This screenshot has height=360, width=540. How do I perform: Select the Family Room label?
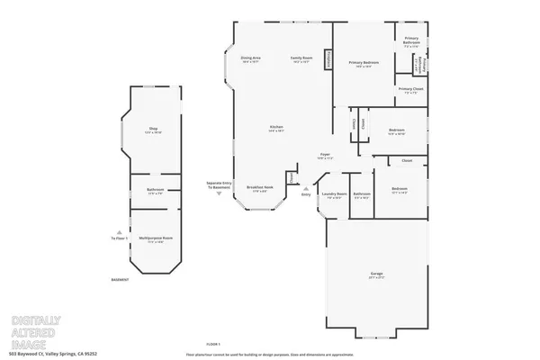[x=301, y=58]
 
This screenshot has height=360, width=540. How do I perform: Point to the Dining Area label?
[x=250, y=58]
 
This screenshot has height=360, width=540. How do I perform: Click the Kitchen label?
[x=276, y=129]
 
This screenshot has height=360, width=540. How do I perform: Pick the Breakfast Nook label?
[x=261, y=189]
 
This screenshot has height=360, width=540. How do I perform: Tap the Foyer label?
[x=325, y=156]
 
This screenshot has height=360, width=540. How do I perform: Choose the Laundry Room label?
[x=335, y=194]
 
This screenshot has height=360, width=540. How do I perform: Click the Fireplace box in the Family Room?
[x=330, y=60]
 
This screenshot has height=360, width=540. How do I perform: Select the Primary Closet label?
[x=411, y=90]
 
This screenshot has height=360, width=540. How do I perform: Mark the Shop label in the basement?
[x=153, y=130]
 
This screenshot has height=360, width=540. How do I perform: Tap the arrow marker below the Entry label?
[x=305, y=187]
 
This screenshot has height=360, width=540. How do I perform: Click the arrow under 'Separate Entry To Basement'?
[x=220, y=193]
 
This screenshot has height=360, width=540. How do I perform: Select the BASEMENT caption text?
[x=120, y=280]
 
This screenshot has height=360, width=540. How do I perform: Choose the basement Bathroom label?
[x=155, y=190]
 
